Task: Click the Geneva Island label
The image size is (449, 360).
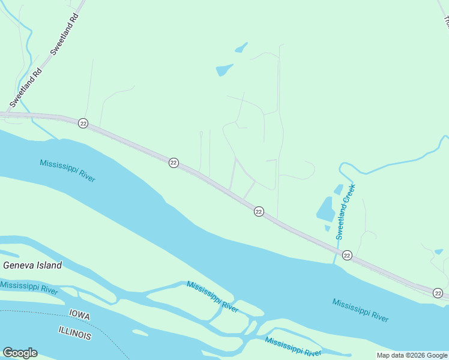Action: coord(32,265)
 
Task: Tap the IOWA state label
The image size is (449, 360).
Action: coord(79,313)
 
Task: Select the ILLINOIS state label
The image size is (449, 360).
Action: coord(75,333)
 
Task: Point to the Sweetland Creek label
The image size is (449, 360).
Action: coord(346,212)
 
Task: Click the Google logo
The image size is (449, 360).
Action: coord(20,353)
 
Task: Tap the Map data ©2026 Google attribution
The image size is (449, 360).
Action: coord(412,355)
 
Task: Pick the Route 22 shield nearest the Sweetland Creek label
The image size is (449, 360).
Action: coord(347,256)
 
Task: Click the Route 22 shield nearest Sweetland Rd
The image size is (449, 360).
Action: coord(83,123)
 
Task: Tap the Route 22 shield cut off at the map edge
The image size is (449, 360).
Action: coord(438,293)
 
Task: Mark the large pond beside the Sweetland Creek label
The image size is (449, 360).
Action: coord(326,209)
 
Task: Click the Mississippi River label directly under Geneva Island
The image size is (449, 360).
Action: coord(29,287)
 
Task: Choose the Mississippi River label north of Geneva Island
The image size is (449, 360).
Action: coord(68,171)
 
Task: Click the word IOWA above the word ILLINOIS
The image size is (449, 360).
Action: coord(79,313)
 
